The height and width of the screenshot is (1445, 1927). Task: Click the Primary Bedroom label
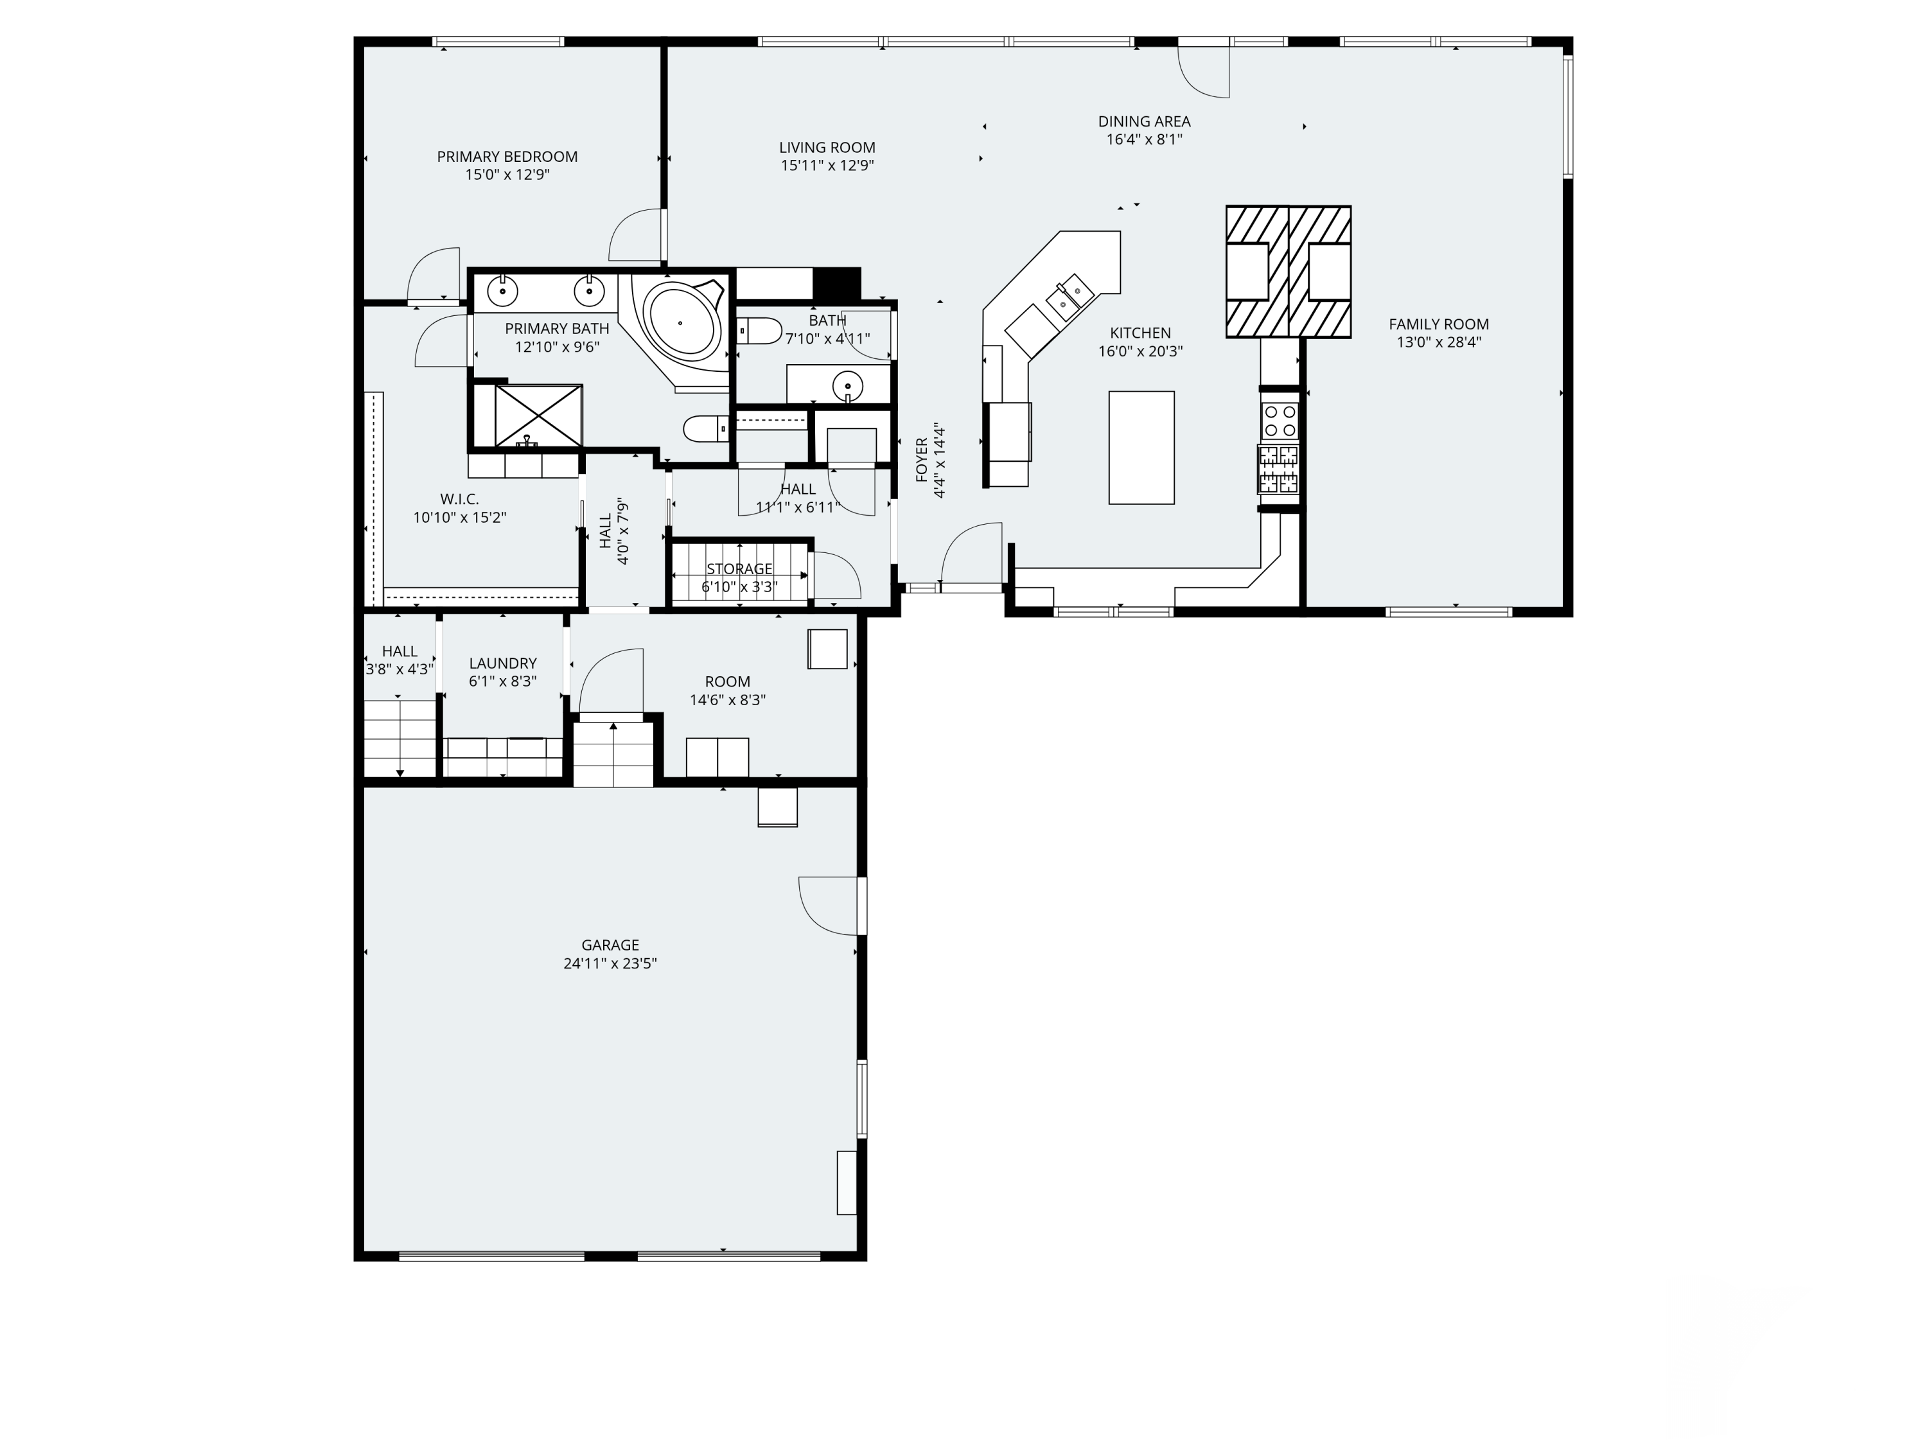point(507,157)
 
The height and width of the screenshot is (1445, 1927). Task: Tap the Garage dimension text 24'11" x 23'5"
point(610,963)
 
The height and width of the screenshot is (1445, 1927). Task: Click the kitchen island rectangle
point(1141,448)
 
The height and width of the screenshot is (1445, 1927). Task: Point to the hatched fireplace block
point(1289,272)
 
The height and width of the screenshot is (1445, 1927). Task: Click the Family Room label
point(1438,324)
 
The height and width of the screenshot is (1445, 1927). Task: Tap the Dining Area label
point(1144,121)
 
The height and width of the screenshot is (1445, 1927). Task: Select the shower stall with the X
point(538,415)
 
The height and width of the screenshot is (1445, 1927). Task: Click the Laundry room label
point(503,663)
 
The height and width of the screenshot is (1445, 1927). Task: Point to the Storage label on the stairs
point(739,569)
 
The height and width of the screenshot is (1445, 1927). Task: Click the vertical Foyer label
point(922,459)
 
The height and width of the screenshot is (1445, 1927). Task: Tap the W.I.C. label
point(459,499)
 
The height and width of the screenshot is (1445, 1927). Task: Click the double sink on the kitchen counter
point(1069,294)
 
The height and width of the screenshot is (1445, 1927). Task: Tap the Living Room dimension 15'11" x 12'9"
point(827,166)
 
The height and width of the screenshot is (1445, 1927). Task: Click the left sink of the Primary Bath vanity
point(503,290)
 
